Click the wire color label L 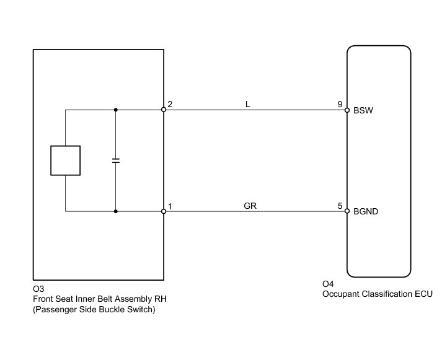point(248,105)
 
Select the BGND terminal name point(366,212)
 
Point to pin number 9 point(340,104)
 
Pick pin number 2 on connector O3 point(170,104)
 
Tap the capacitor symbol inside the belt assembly point(115,160)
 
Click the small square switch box point(65,160)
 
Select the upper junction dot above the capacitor point(115,110)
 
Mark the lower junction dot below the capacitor point(115,211)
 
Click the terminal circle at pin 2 point(164,110)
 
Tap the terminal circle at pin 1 point(164,211)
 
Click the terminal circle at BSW point(347,110)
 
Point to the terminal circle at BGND point(347,211)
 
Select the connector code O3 point(38,289)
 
